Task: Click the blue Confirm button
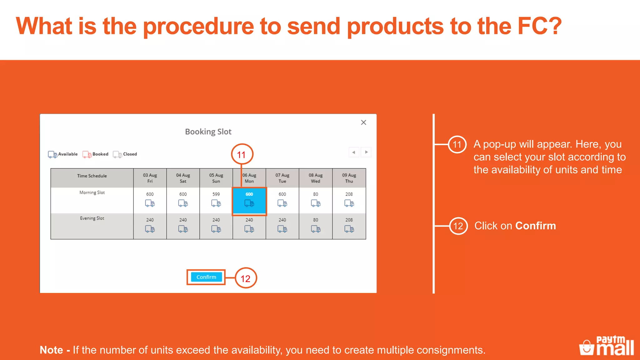[206, 277]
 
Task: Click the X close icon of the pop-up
[363, 122]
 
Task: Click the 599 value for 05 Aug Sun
[216, 194]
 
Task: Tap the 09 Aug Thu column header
[349, 178]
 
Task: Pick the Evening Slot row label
[92, 218]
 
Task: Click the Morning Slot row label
[92, 192]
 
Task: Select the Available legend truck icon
[52, 154]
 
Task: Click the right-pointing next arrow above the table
[366, 152]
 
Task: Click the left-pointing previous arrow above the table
[354, 152]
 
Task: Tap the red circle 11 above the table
[242, 154]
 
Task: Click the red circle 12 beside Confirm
[246, 278]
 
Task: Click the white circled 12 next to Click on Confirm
[458, 226]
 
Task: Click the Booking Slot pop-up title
[208, 132]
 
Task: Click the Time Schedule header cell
[92, 176]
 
